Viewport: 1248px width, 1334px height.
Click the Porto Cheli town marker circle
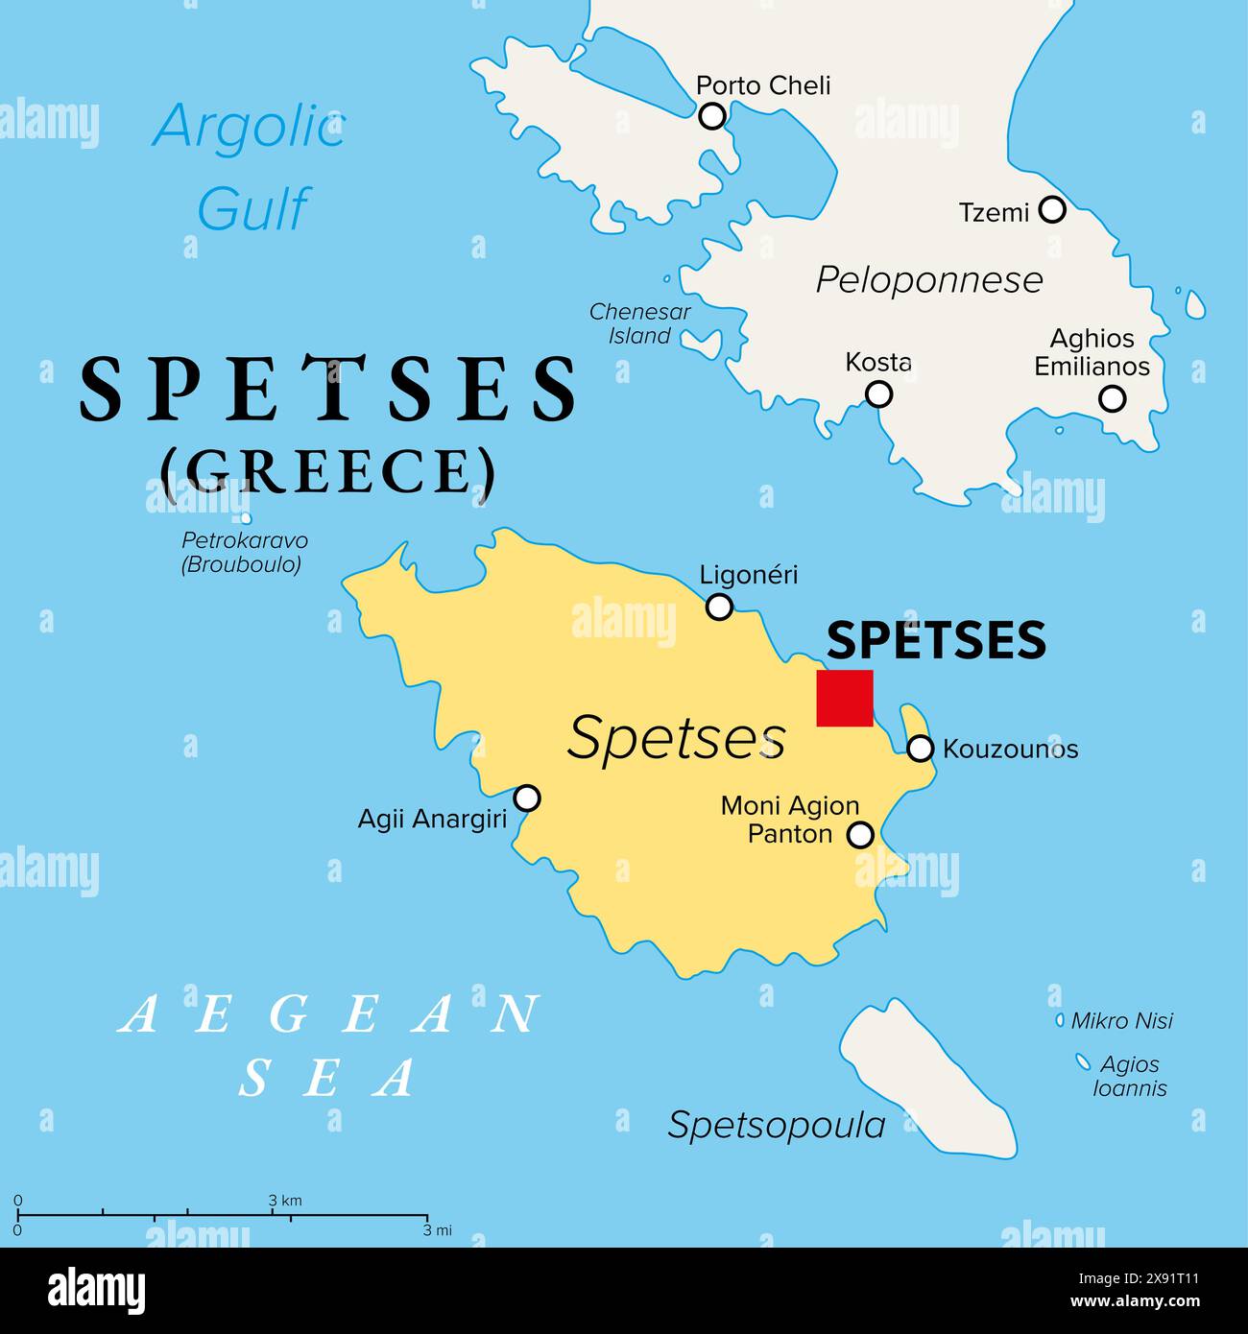[711, 116]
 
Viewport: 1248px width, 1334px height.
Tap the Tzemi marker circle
[1053, 208]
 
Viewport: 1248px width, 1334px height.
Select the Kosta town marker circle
[878, 393]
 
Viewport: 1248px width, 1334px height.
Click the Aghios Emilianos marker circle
[1112, 398]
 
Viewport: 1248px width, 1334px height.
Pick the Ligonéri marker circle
[719, 607]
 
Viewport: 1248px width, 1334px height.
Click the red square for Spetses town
[845, 698]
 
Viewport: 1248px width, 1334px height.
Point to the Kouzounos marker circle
[920, 749]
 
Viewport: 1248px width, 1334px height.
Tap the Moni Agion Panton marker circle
[861, 835]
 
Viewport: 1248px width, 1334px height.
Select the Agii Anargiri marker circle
[527, 798]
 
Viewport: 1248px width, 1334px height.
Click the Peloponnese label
[928, 280]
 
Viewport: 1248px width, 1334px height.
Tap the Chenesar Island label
[639, 323]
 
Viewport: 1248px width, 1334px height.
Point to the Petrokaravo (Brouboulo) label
[244, 553]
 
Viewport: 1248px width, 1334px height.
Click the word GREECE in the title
[328, 472]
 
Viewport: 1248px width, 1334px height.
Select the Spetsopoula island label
[776, 1125]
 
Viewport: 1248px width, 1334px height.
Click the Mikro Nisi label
[1121, 1021]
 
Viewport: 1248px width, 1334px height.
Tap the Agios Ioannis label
[1130, 1076]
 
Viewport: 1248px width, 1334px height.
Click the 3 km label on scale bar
[285, 1201]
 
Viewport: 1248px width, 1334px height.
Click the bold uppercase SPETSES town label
[936, 640]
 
